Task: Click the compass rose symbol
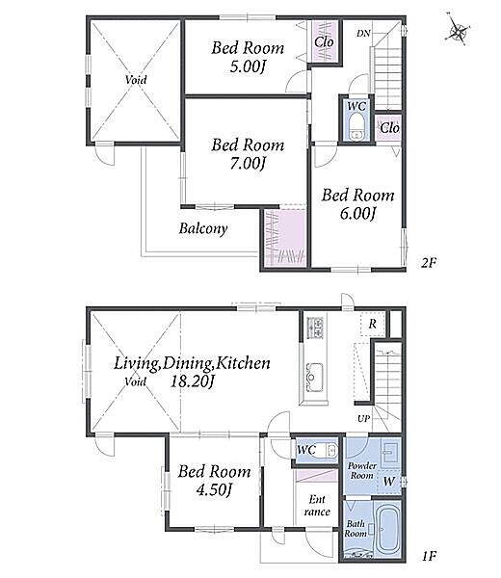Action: click(x=458, y=30)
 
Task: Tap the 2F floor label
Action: click(x=429, y=262)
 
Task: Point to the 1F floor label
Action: click(x=429, y=556)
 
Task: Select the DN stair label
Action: click(x=363, y=34)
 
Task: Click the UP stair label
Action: click(x=363, y=419)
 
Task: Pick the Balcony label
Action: click(x=203, y=228)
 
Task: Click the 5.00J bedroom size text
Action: click(x=248, y=67)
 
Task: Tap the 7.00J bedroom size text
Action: click(x=248, y=164)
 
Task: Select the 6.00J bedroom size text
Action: click(x=358, y=214)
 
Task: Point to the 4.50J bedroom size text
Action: click(x=214, y=490)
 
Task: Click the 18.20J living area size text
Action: click(x=192, y=381)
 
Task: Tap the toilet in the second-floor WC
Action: click(x=356, y=127)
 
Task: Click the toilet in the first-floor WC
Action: click(x=327, y=450)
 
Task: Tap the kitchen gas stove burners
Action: click(x=315, y=327)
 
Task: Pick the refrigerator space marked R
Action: click(x=373, y=324)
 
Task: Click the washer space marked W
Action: click(x=389, y=482)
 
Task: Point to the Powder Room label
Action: click(x=361, y=471)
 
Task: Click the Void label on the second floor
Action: click(x=136, y=80)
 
